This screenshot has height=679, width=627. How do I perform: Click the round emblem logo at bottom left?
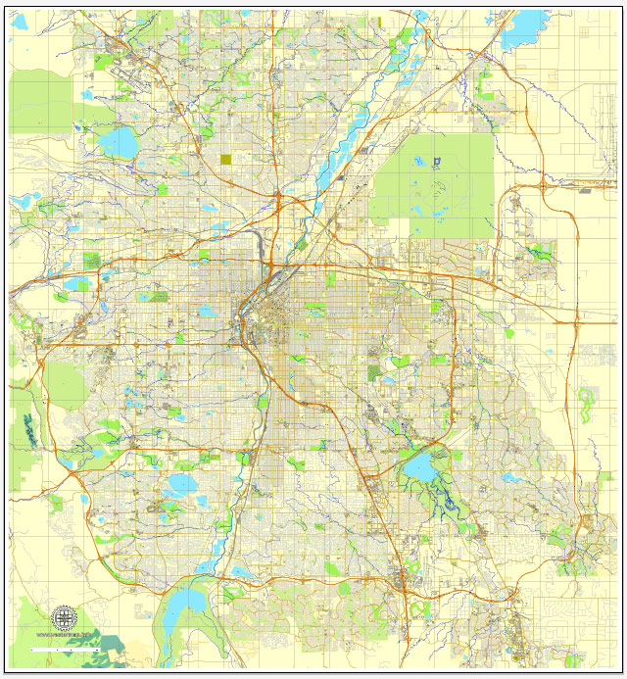(x=65, y=618)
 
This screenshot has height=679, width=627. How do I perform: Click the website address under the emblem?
(x=65, y=637)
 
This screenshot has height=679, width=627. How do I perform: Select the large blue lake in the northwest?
(x=119, y=142)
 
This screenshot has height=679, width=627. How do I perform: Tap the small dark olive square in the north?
(x=226, y=159)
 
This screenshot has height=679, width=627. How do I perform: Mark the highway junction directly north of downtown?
(x=278, y=201)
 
